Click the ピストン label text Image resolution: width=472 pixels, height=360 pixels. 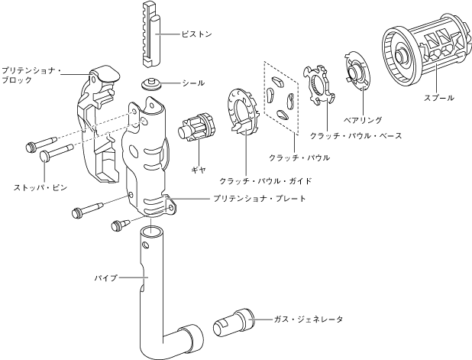[197, 34]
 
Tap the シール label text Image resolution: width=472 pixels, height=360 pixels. [192, 83]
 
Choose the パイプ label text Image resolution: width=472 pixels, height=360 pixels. [105, 277]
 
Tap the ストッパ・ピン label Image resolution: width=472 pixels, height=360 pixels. [38, 186]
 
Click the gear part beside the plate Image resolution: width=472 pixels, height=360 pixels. [197, 126]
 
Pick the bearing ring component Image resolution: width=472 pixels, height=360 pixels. [356, 73]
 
